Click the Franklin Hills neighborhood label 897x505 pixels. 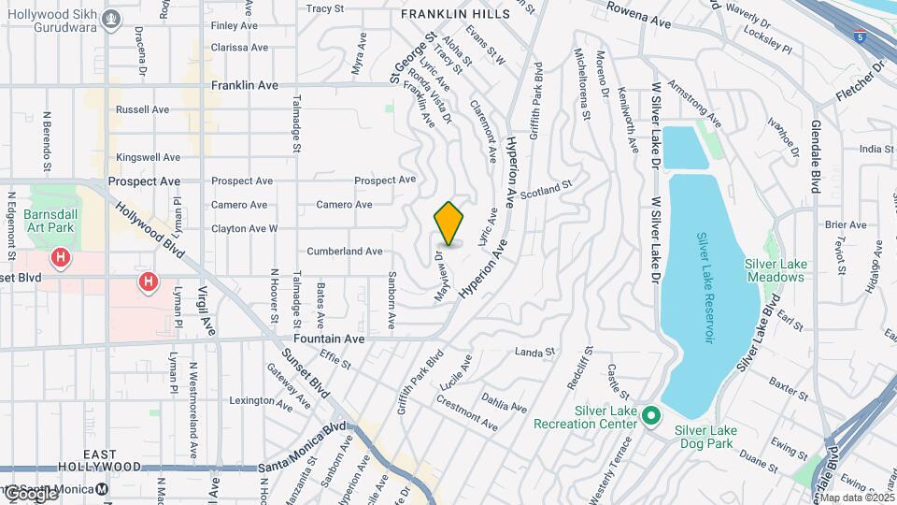pos(455,14)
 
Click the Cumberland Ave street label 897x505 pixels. pos(345,252)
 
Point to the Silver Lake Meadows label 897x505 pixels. pos(776,270)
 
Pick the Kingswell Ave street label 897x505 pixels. pos(148,157)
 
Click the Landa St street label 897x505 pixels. pos(535,353)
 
